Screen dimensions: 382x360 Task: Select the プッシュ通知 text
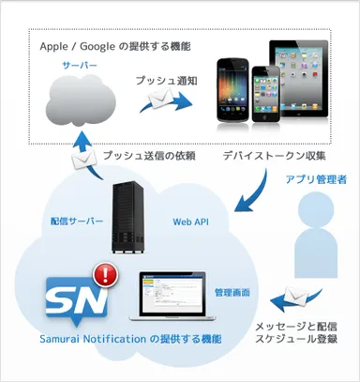click(166, 81)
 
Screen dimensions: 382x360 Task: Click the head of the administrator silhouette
click(317, 213)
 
